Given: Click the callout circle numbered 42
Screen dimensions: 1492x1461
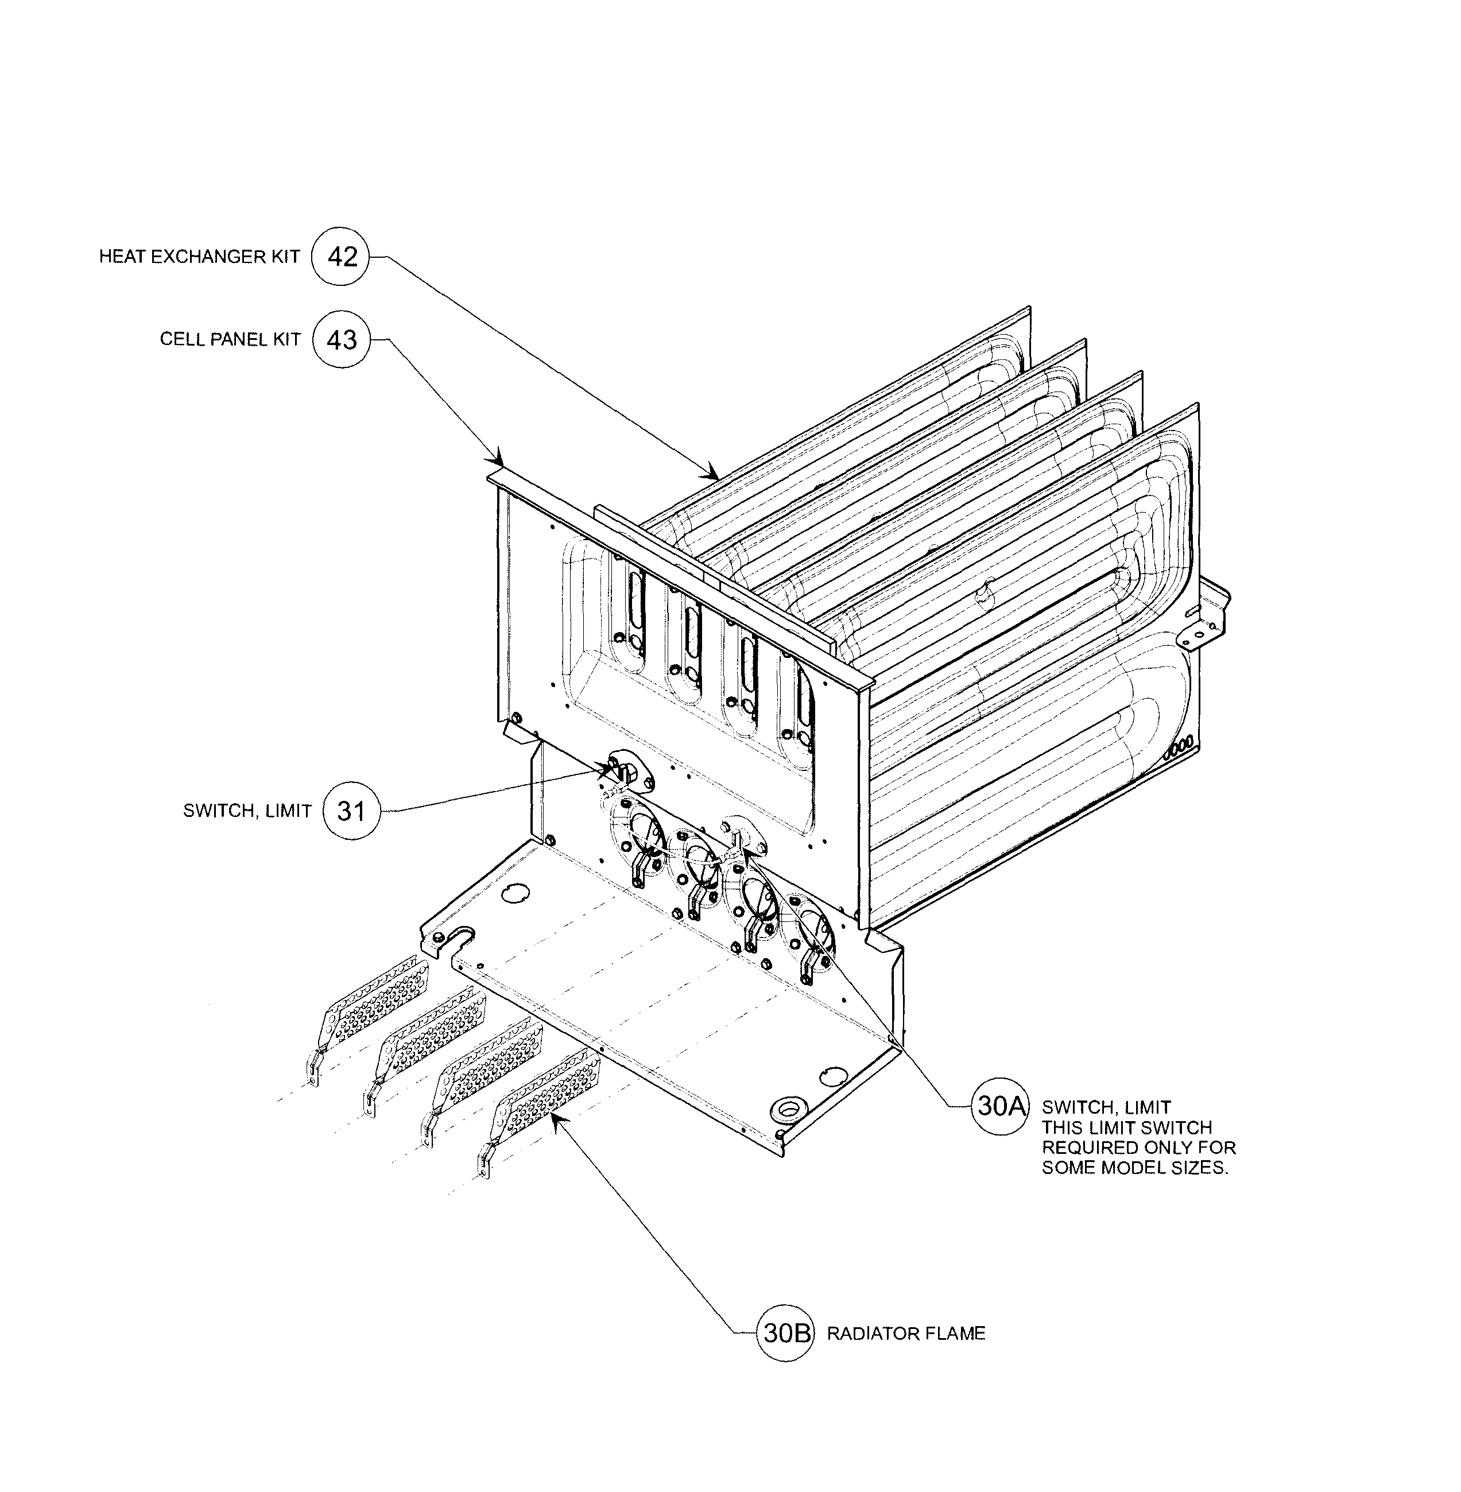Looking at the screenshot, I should point(340,257).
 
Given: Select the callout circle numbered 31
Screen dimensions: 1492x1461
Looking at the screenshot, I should point(351,811).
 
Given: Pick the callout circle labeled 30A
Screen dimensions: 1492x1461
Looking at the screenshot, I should point(1000,1107).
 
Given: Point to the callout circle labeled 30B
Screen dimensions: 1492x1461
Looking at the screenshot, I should point(784,1333).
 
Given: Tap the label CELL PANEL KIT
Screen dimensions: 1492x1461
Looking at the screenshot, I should point(230,339).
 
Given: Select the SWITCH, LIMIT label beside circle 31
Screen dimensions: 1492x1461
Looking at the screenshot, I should point(247,811).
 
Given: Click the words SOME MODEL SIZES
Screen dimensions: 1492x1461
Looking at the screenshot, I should point(1135,1168).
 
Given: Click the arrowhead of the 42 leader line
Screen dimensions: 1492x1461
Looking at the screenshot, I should point(714,473).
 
